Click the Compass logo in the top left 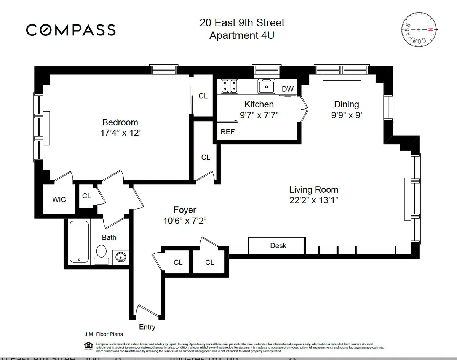(70, 30)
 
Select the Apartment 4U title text (242, 35)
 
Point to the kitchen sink (266, 86)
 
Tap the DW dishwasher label (288, 89)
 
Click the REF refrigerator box (228, 132)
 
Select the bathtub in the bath (79, 242)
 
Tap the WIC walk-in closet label (59, 199)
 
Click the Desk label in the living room (278, 246)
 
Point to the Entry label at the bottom (147, 327)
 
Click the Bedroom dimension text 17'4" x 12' (120, 134)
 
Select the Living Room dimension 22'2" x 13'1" (313, 200)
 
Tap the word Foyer (185, 210)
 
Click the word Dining (346, 104)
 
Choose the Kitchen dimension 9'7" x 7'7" (259, 115)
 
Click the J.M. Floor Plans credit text (104, 334)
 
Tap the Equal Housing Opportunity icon (87, 346)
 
